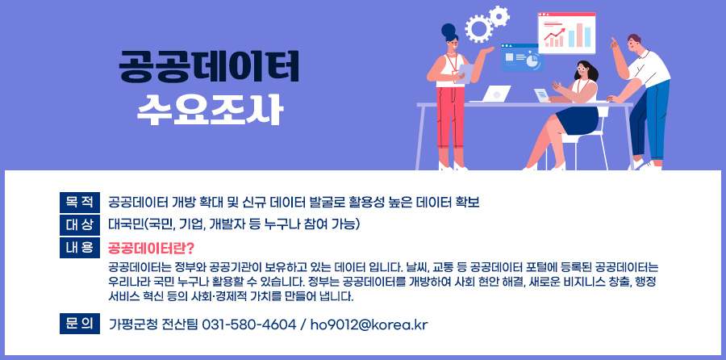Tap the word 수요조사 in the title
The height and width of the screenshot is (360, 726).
[x=209, y=107]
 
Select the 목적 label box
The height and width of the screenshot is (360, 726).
[x=79, y=201]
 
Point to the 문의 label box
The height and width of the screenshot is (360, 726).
[x=79, y=324]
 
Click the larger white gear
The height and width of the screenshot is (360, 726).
[x=478, y=29]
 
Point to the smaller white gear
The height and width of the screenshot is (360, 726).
[x=500, y=15]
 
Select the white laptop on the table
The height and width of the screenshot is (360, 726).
[x=497, y=94]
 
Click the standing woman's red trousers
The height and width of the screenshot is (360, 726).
[x=449, y=121]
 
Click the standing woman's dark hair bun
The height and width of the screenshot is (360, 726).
[x=449, y=30]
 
